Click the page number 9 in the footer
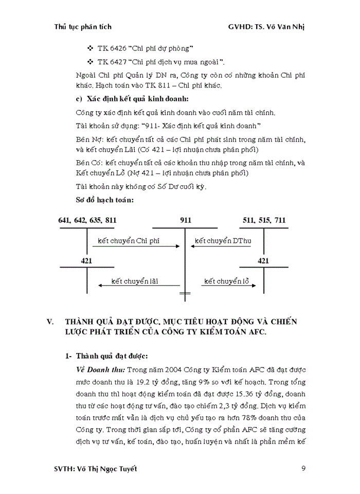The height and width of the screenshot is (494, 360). [304, 469]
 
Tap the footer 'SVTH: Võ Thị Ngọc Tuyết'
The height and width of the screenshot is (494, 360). [96, 469]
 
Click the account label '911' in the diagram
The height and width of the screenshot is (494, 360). [186, 220]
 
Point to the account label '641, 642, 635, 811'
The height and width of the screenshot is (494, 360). [87, 220]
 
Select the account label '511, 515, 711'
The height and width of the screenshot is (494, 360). [264, 220]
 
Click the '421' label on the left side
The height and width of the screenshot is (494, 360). [86, 261]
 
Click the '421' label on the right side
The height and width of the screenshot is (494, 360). [263, 261]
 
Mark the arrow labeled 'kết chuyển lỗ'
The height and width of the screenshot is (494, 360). [221, 286]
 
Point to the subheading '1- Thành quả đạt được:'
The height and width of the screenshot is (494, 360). [106, 356]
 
